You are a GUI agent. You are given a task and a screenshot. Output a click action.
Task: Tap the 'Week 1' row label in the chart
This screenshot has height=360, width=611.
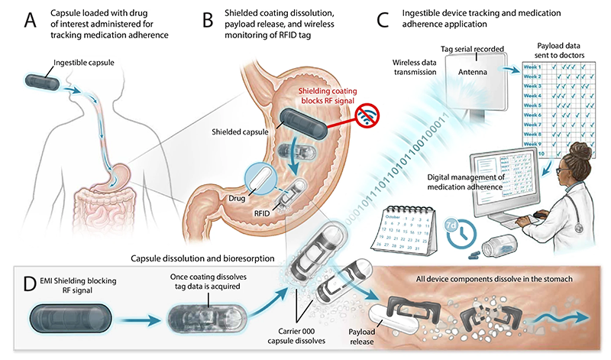533,66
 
